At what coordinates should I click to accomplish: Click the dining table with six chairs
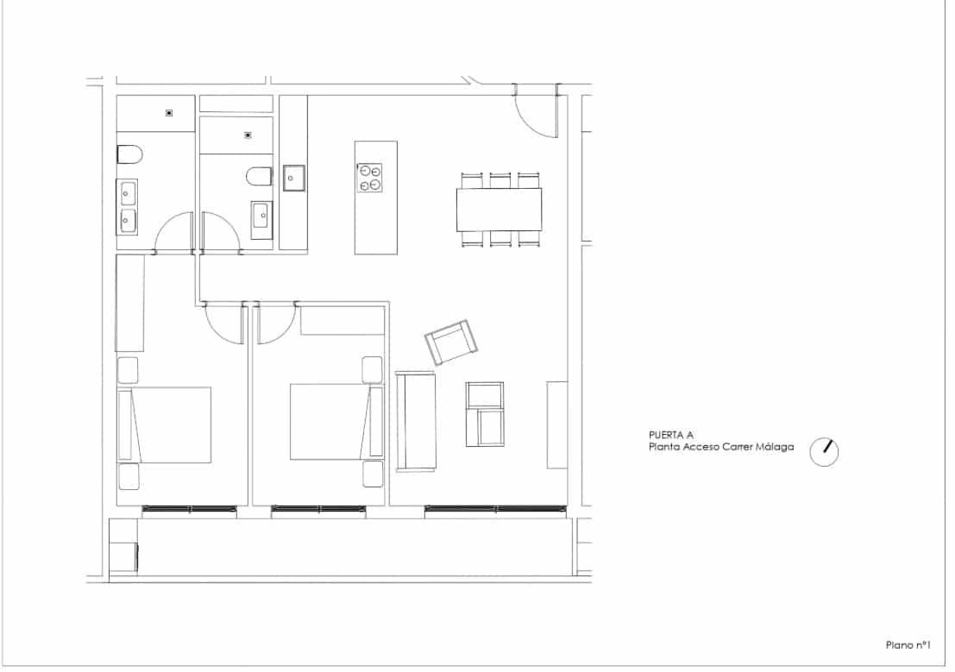(x=499, y=210)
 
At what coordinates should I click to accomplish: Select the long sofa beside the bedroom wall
(x=415, y=421)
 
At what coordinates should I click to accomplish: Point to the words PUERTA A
(x=671, y=436)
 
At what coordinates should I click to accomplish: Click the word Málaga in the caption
(x=776, y=448)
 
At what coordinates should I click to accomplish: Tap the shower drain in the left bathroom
(x=169, y=113)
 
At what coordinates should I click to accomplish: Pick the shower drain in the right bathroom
(x=248, y=135)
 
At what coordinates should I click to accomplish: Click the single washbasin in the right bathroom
(x=261, y=217)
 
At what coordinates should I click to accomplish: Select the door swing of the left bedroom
(x=224, y=326)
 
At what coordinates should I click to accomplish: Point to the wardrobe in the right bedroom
(x=342, y=320)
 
